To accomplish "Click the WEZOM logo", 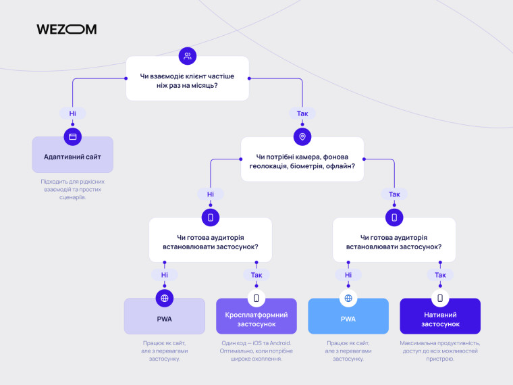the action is point(66,30).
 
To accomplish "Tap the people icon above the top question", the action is point(188,56).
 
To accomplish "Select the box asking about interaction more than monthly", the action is point(188,78).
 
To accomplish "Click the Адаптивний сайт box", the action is point(73,155).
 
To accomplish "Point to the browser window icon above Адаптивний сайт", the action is point(73,136).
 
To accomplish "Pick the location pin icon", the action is point(302,136).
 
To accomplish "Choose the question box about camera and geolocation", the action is point(302,159).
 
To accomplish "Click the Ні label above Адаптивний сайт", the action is point(73,113).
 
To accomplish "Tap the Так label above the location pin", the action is point(302,113).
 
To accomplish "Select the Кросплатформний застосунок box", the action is point(256,316).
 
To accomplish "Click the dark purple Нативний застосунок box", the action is point(440,316).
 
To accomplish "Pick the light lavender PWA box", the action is point(165,316).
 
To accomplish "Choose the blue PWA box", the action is point(348,316).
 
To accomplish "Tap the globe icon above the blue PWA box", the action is point(348,299).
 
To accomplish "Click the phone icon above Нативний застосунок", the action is point(440,299).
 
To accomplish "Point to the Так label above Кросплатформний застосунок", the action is point(256,275).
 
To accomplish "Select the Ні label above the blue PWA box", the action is point(348,275).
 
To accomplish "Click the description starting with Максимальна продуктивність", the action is point(440,351).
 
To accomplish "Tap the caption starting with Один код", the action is point(256,351).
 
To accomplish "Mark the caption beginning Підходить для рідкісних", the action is point(73,189).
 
